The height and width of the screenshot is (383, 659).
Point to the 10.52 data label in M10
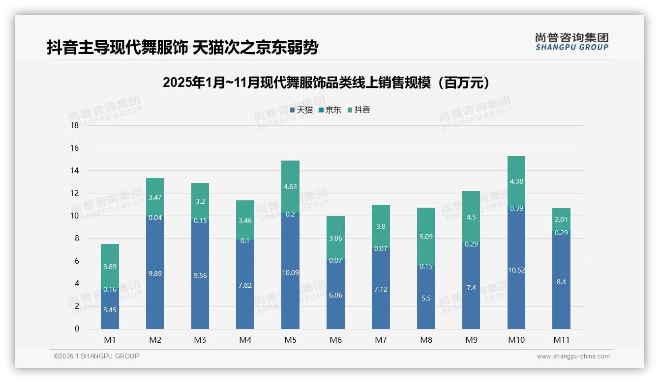pyautogui.click(x=516, y=270)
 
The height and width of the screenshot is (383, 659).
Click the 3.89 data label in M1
pyautogui.click(x=110, y=267)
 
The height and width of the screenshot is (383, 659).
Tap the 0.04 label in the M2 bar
pyautogui.click(x=155, y=218)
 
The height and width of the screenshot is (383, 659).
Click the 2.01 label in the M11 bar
pyautogui.click(x=561, y=219)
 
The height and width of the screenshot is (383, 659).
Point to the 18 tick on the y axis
pyautogui.click(x=75, y=125)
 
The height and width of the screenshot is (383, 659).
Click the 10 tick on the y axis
pyautogui.click(x=75, y=216)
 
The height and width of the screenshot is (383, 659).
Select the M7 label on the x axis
pyautogui.click(x=381, y=340)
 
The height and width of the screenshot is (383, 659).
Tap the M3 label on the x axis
pyautogui.click(x=200, y=340)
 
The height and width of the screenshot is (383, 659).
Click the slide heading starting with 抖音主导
pyautogui.click(x=182, y=48)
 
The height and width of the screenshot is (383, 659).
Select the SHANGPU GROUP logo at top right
pyautogui.click(x=571, y=42)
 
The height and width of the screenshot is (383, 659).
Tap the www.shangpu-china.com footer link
pyautogui.click(x=573, y=356)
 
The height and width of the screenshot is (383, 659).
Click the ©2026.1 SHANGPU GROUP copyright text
pyautogui.click(x=96, y=356)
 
